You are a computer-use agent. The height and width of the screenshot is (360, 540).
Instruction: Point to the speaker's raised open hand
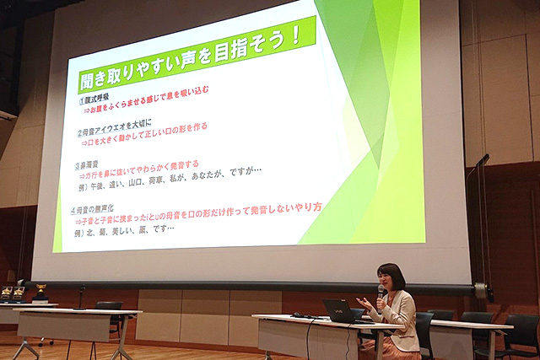[364, 303]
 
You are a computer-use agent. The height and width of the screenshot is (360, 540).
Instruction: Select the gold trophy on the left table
[40, 292]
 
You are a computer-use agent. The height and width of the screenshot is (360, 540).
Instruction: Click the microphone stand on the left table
[81, 297]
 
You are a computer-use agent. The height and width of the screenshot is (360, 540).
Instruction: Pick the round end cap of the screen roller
[481, 292]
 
